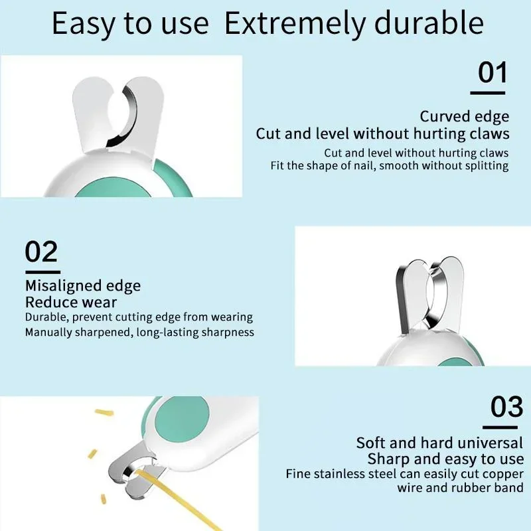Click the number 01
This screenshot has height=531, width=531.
click(493, 72)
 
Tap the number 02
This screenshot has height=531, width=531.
click(41, 252)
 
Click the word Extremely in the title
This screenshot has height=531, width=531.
click(295, 24)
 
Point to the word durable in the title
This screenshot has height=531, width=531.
click(429, 23)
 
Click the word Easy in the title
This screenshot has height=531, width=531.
click(83, 25)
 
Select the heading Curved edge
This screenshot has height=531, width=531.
click(464, 117)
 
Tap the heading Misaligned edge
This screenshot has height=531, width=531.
click(83, 286)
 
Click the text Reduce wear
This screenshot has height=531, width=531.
click(71, 302)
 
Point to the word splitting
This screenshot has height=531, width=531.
click(487, 166)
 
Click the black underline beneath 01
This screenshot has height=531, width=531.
click(488, 92)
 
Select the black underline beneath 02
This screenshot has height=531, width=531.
click(42, 272)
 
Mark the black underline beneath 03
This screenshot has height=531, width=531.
click(500, 427)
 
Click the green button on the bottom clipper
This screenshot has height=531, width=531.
click(182, 419)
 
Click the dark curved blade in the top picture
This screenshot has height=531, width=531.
click(127, 117)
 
